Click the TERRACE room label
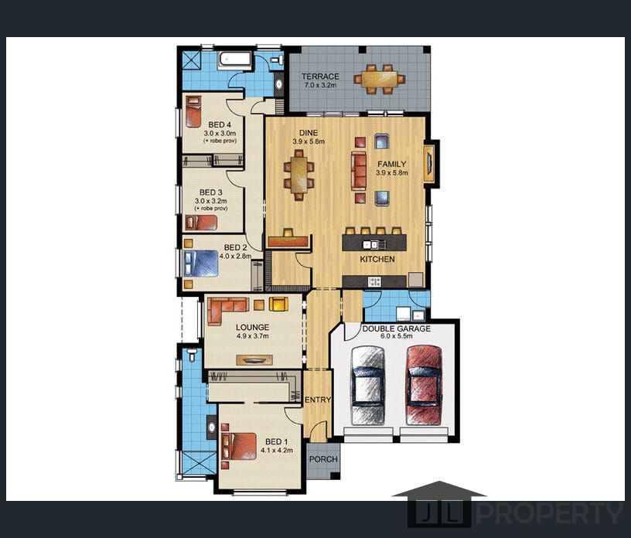pos(320,76)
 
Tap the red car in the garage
pos(425,385)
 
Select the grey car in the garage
pos(368,385)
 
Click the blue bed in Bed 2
pos(201,263)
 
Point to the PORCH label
pos(323,459)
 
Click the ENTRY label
pos(318,400)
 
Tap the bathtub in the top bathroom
pos(235,60)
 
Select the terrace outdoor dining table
pos(380,80)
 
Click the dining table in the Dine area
pos(299,175)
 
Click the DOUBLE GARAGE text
pos(397,329)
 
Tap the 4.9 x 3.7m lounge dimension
pos(252,336)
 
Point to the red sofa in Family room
pos(359,171)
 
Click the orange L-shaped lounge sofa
pos(227,310)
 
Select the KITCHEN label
pos(377,260)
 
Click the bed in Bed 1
pos(239,446)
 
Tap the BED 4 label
pos(220,125)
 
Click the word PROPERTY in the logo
pos(550,513)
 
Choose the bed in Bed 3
pos(201,223)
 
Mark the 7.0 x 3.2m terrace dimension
pos(320,85)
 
